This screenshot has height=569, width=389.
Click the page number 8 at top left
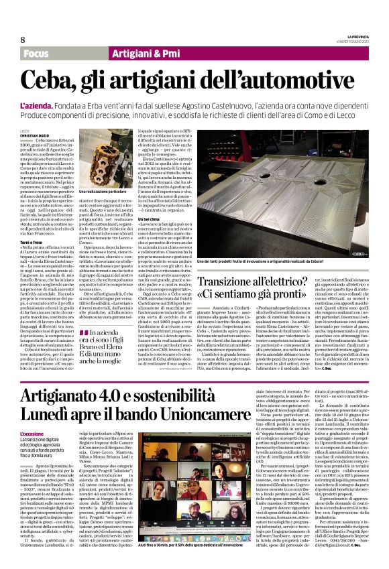pyautogui.click(x=23, y=40)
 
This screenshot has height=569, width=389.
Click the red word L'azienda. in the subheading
pyautogui.click(x=38, y=107)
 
